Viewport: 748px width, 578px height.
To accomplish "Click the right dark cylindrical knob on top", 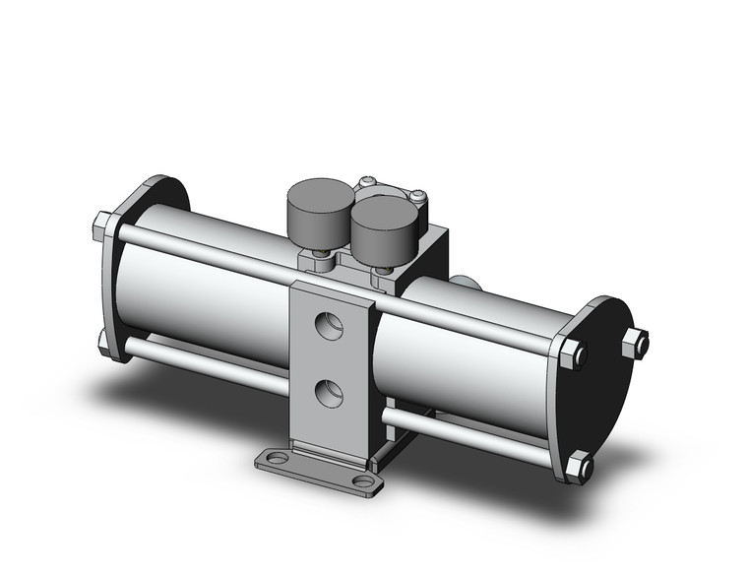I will click(x=382, y=224).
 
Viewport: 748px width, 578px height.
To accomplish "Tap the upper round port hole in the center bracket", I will click(x=328, y=323).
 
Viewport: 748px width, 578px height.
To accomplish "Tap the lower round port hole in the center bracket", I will click(x=328, y=394).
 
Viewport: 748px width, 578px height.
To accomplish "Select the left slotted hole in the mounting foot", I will click(x=272, y=459).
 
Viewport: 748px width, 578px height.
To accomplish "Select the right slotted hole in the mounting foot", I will click(x=365, y=481).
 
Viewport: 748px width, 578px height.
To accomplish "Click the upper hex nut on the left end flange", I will click(x=104, y=227).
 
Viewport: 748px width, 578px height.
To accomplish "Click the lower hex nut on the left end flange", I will click(x=106, y=341).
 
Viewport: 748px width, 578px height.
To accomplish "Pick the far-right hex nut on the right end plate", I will click(x=636, y=343).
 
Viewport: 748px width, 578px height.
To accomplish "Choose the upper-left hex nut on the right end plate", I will click(x=573, y=353).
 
